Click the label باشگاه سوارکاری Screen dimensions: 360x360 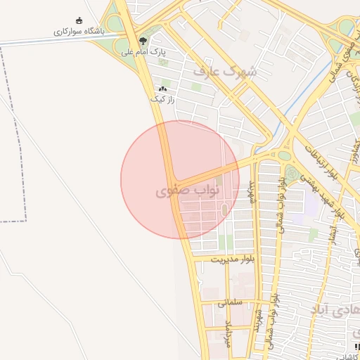pyautogui.click(x=78, y=32)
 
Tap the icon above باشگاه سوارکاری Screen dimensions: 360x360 pyautogui.click(x=78, y=20)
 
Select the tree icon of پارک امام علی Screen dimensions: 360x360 pyautogui.click(x=143, y=41)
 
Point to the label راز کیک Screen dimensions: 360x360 pyautogui.click(x=162, y=99)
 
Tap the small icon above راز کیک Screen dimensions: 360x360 pyautogui.click(x=163, y=89)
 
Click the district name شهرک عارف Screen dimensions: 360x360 pyautogui.click(x=225, y=71)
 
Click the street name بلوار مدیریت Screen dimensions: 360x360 pyautogui.click(x=230, y=259)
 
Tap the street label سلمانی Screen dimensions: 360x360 pyautogui.click(x=230, y=303)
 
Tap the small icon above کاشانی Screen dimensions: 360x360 pyautogui.click(x=357, y=347)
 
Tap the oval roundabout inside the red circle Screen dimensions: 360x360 pyautogui.click(x=224, y=210)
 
